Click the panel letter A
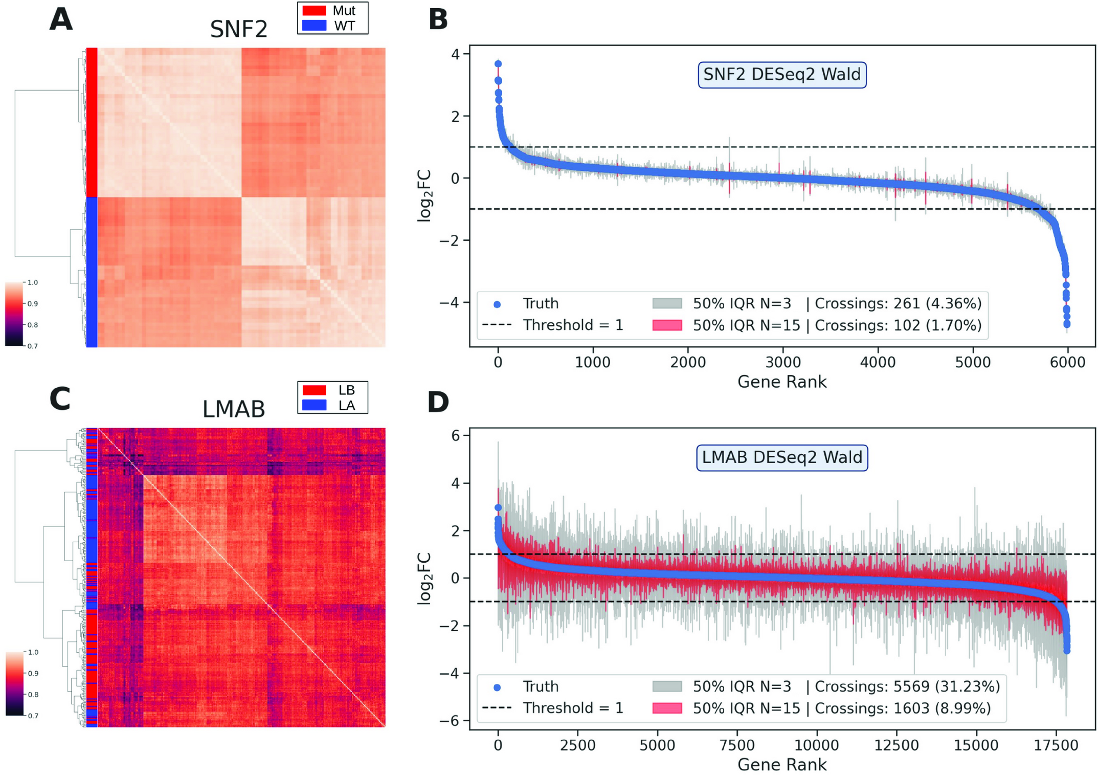[x=61, y=20]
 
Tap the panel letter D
[x=438, y=402]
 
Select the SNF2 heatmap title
[x=239, y=29]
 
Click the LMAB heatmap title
[x=234, y=409]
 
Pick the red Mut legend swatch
[x=314, y=11]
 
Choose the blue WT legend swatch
[x=314, y=26]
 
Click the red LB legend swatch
[x=314, y=390]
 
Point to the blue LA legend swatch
[x=314, y=405]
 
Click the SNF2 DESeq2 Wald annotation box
[x=781, y=75]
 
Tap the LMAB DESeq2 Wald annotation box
[x=781, y=457]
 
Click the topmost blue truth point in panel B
[x=498, y=64]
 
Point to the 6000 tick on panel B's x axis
[x=1067, y=363]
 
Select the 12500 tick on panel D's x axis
[x=896, y=745]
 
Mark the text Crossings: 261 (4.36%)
[x=898, y=304]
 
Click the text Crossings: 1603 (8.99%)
[x=902, y=708]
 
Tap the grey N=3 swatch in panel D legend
[x=667, y=687]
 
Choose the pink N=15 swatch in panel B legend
[x=667, y=325]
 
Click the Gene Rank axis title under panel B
[x=781, y=382]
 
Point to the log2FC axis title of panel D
[x=425, y=579]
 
